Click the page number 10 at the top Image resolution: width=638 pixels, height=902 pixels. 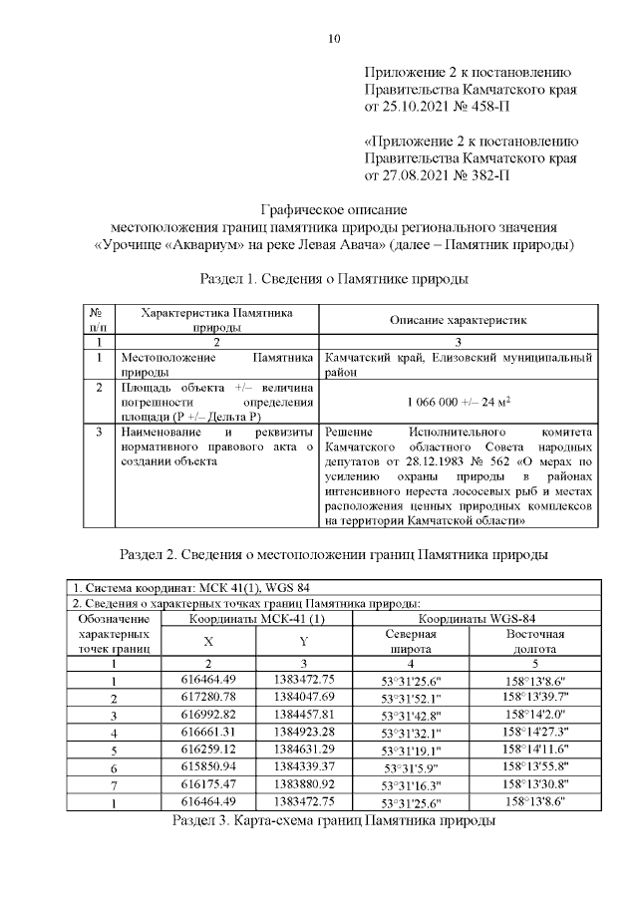tap(334, 39)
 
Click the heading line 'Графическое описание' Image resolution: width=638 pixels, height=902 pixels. tap(334, 210)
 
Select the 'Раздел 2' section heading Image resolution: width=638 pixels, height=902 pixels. tap(334, 553)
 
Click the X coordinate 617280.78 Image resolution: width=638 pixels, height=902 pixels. tap(208, 696)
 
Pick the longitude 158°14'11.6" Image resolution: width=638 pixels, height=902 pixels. tap(536, 750)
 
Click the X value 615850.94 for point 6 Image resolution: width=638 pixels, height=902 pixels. tap(208, 767)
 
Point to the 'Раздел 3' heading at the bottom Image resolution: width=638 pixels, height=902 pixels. tap(334, 821)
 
